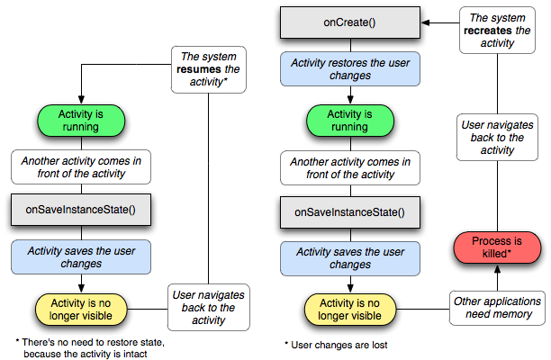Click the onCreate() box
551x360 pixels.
click(350, 22)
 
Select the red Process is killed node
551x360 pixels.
click(497, 247)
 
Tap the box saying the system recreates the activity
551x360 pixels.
click(497, 31)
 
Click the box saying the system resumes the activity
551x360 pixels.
click(208, 69)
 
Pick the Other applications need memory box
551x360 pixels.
click(497, 308)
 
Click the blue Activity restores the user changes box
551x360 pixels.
click(350, 68)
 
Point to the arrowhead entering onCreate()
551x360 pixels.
click(425, 22)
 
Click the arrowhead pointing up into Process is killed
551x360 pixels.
click(497, 269)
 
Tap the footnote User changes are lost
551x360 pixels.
click(337, 345)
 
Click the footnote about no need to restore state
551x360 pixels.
click(90, 347)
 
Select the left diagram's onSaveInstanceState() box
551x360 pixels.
click(81, 210)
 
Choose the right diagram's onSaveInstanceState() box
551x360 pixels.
click(350, 212)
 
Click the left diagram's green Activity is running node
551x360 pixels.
click(81, 121)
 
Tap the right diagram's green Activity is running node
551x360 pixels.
click(350, 121)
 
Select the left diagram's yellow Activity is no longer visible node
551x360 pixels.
click(81, 310)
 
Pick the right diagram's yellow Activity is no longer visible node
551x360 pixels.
click(350, 310)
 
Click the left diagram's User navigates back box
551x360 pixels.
click(208, 307)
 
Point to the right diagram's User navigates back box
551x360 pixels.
click(497, 138)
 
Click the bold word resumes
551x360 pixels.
click(199, 69)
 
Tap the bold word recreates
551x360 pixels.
click(487, 31)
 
